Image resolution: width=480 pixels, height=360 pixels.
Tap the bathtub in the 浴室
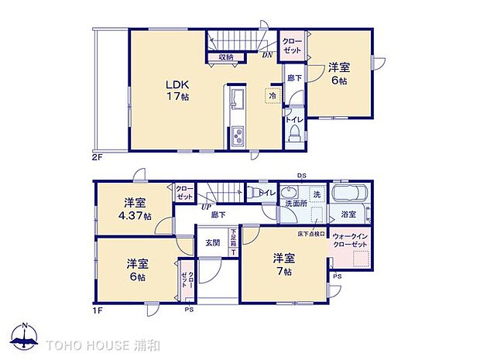point(351,194)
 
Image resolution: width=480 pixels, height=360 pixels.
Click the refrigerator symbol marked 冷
point(273,96)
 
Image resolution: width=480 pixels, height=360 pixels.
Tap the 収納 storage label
point(225,57)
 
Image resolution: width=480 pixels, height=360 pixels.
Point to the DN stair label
point(266,54)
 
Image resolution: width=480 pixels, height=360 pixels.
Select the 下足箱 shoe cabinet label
point(233,236)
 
